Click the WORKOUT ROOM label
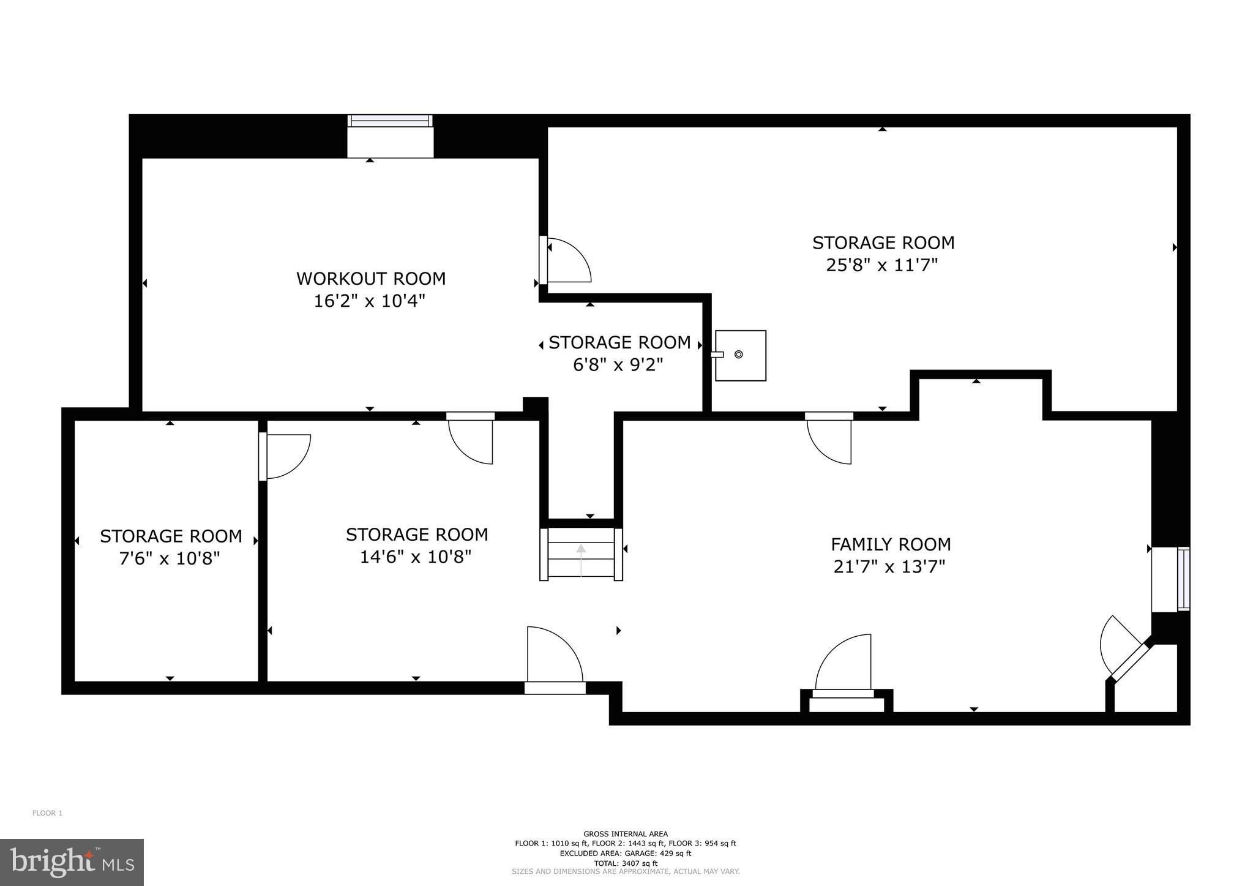click(x=371, y=279)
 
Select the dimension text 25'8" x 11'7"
click(x=882, y=265)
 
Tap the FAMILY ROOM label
click(x=890, y=544)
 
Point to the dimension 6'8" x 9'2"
click(x=618, y=365)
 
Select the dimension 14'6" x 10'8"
click(x=416, y=557)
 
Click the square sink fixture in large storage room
click(x=740, y=355)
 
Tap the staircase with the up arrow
click(x=580, y=554)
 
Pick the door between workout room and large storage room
click(x=566, y=261)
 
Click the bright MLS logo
click(x=72, y=862)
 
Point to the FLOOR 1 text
click(x=47, y=813)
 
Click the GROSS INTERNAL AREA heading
click(x=625, y=833)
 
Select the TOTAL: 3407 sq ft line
click(x=625, y=863)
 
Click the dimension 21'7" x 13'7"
click(x=889, y=567)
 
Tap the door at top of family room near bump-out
click(x=829, y=438)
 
